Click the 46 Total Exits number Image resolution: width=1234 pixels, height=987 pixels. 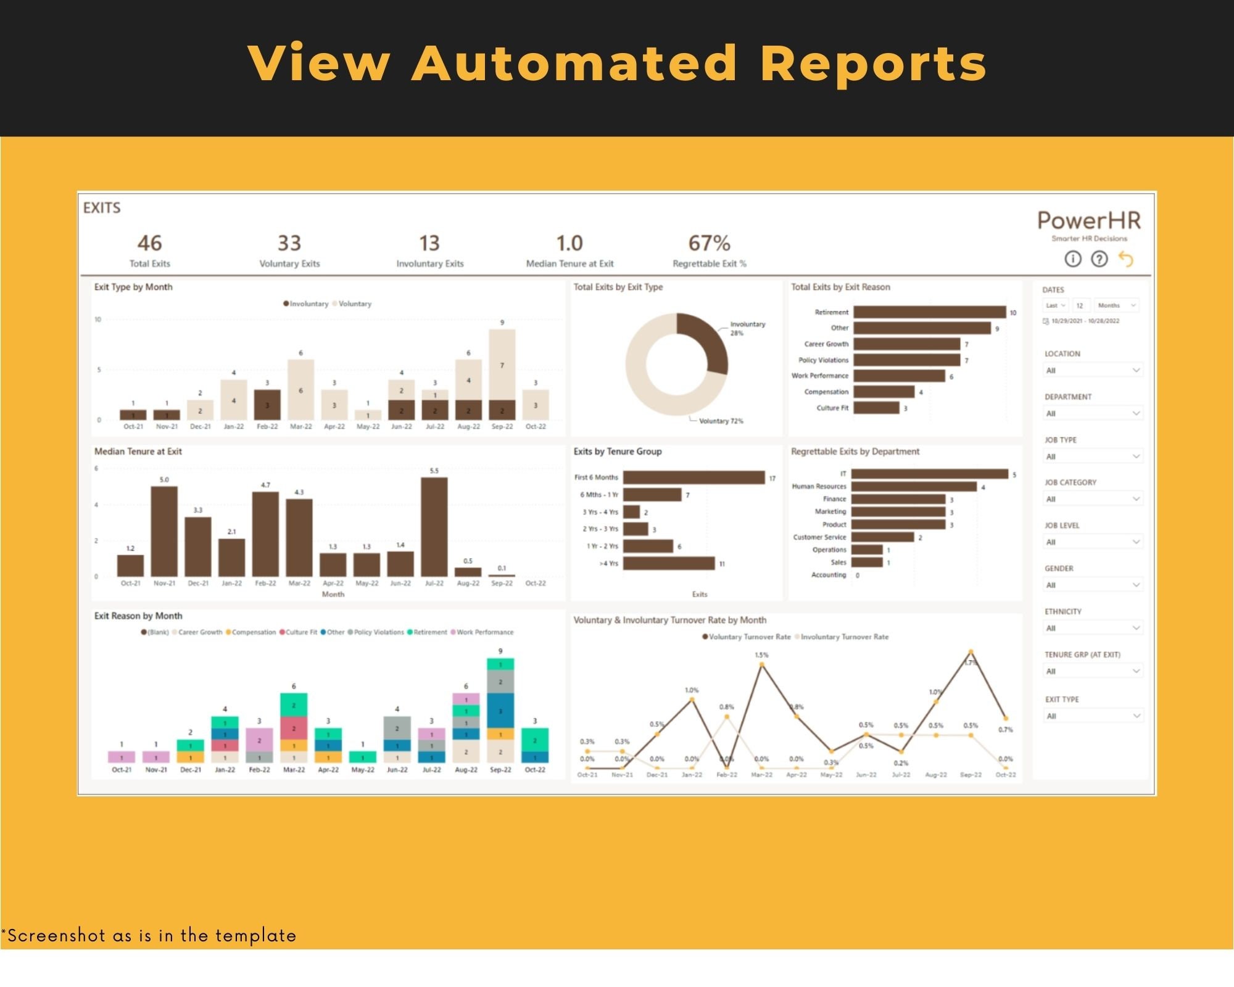tap(149, 243)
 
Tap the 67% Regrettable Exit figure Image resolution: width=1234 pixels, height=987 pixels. tap(709, 243)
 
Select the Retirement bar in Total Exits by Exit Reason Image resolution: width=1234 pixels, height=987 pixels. tap(929, 312)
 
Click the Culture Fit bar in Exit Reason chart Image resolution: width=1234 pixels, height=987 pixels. tap(876, 408)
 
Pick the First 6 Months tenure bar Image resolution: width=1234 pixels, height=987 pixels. tap(694, 477)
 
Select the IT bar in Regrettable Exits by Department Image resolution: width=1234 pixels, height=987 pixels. tap(929, 474)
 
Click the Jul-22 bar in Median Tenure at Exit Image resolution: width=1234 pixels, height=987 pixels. tap(434, 527)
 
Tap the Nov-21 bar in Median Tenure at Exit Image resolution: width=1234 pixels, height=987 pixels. tap(164, 531)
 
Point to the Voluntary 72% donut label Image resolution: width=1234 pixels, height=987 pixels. tap(721, 421)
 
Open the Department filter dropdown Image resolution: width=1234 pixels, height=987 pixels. tap(1093, 413)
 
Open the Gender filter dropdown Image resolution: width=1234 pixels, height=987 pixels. tap(1093, 585)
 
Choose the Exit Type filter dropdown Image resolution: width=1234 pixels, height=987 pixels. tap(1093, 716)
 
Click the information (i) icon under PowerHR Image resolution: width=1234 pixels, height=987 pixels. tap(1073, 259)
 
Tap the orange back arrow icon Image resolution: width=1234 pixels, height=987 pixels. tap(1126, 259)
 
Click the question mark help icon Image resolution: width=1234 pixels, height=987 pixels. tap(1099, 259)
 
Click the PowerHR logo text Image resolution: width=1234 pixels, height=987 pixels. tap(1089, 221)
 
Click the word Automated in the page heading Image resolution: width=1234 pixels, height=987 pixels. tap(574, 63)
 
